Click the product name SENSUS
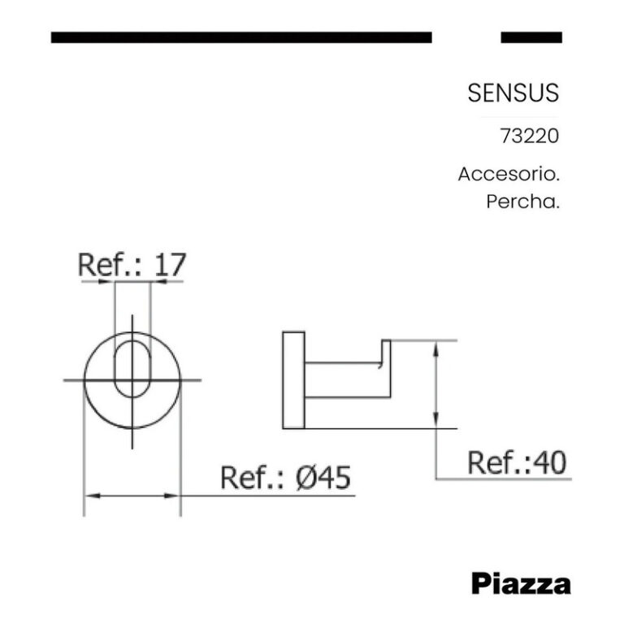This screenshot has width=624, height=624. tap(513, 93)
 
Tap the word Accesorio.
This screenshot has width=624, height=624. tap(509, 174)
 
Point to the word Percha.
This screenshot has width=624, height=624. tap(522, 201)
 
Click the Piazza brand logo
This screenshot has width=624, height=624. tap(521, 583)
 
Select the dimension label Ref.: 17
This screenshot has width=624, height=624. tap(132, 264)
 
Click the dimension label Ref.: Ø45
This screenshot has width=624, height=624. tap(285, 478)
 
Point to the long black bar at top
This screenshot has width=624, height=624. tap(240, 37)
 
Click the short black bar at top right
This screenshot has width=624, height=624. tap(531, 37)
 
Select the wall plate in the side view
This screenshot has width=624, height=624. tap(292, 380)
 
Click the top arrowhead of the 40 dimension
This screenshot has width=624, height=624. tap(438, 348)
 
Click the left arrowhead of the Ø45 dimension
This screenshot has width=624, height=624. tap(91, 494)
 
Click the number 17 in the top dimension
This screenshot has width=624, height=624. tap(170, 264)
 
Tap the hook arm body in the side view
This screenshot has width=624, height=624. tap(345, 380)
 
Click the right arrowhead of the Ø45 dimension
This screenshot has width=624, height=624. tap(173, 494)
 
